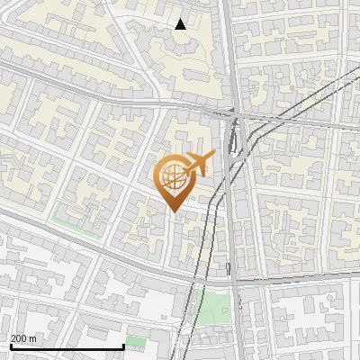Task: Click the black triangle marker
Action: tap(181, 24)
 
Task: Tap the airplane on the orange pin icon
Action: tap(198, 165)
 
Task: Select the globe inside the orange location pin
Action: tap(174, 178)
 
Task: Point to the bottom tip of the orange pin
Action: tap(174, 211)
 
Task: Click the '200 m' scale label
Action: tap(23, 338)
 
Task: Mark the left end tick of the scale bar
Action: tap(11, 346)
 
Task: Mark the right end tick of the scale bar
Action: tap(123, 346)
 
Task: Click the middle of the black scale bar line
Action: tap(67, 347)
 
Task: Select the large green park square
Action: tap(213, 309)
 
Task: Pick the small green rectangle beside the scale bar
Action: tap(135, 341)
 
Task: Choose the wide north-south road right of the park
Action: tap(236, 310)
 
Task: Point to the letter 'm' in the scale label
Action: tap(32, 338)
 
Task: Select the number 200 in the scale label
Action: tap(19, 338)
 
